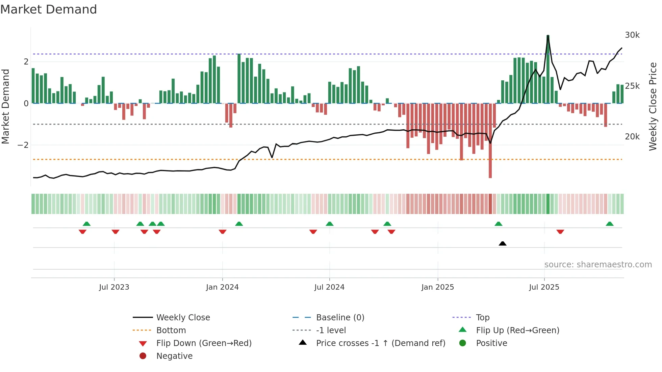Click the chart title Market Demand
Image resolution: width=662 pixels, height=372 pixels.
[x=49, y=9]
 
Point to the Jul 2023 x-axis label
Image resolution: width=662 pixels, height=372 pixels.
[x=114, y=287]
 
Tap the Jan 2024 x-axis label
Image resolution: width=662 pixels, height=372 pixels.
[x=222, y=287]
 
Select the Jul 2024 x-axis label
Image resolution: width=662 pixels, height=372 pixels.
[x=329, y=287]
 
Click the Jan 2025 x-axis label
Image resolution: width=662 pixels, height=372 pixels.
[x=438, y=287]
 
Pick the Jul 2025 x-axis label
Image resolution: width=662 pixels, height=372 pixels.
[x=544, y=287]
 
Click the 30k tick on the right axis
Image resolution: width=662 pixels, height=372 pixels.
[x=632, y=35]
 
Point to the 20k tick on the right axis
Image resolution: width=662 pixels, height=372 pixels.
[x=632, y=137]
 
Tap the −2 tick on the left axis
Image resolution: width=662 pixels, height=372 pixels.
[x=23, y=145]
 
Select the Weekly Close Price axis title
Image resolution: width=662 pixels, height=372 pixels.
[x=653, y=106]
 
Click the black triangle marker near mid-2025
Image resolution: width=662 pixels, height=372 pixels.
[x=503, y=243]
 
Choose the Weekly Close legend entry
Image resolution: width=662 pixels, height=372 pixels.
[x=183, y=318]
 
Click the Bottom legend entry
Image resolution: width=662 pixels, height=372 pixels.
[x=171, y=330]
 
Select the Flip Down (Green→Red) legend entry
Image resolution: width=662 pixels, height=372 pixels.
[x=204, y=343]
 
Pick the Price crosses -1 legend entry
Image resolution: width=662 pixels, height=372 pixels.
[x=380, y=343]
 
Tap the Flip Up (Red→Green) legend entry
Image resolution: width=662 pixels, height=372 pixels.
[x=517, y=330]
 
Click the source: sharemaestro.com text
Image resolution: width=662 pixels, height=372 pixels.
[x=598, y=265]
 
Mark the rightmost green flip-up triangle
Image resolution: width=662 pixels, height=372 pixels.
[x=610, y=224]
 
